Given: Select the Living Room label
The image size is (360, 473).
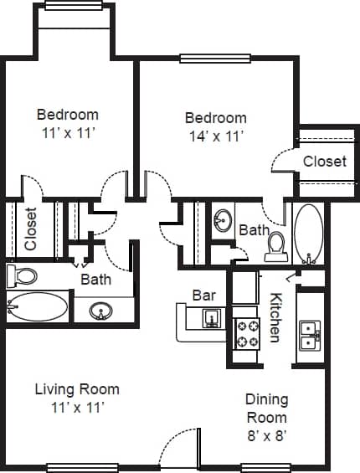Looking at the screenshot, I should pos(76,389).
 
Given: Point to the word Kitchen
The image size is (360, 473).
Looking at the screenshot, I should pos(275,318).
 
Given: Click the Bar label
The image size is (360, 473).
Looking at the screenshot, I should pos(204,296).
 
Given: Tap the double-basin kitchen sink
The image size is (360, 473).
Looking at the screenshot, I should pos(309,334).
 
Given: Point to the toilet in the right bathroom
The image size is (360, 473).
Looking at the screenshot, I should pos(275,246).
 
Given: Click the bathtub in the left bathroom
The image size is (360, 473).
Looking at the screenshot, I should pos(37,307).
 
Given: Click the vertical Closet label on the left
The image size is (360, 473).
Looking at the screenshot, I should pos(31,229).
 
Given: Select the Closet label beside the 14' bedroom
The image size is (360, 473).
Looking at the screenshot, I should pos(324,161).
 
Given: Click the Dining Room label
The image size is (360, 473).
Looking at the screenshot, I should pos(266,409).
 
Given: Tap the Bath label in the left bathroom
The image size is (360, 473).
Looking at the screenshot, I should pos(95,280).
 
